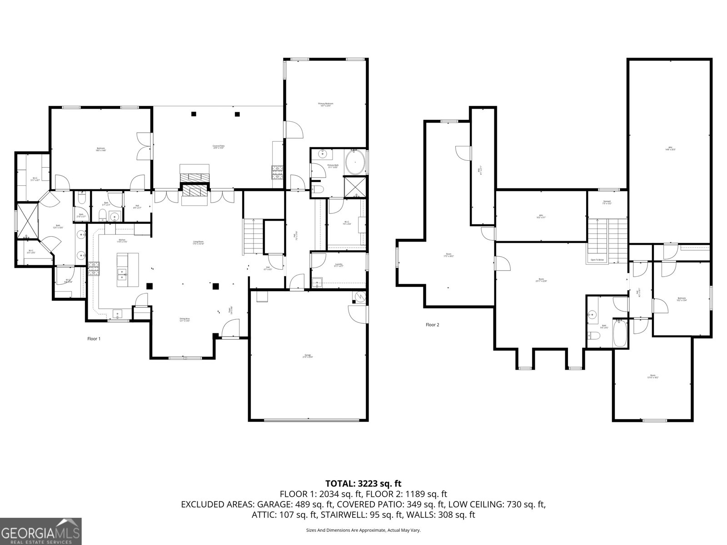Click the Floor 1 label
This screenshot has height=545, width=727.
tap(94, 338)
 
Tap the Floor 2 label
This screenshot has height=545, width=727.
tap(433, 325)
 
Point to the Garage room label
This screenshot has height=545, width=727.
tap(308, 356)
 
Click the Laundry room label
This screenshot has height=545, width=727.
tap(338, 265)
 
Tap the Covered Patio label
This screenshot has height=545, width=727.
tap(219, 147)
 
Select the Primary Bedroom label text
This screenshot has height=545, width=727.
tap(324, 105)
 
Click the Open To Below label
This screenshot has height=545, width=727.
tap(597, 260)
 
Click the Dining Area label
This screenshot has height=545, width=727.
tap(184, 320)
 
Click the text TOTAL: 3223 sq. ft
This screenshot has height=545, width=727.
tap(363, 484)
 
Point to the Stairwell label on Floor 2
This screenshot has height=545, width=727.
tap(607, 203)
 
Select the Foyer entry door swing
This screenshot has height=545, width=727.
tap(232, 327)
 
